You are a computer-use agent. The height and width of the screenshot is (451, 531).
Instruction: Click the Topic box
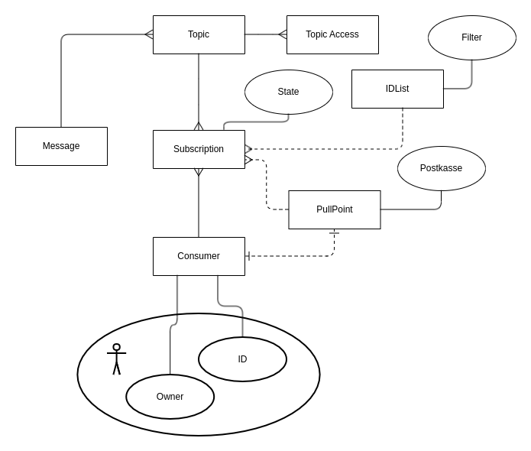point(199,34)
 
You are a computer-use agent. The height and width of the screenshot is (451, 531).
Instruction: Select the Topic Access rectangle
point(332,34)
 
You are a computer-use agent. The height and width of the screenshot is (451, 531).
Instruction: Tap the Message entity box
point(61,146)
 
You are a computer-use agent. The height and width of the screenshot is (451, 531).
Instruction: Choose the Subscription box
point(199,149)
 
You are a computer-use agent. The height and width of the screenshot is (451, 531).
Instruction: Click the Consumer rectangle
point(199,256)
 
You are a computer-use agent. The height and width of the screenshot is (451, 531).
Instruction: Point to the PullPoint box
point(335,209)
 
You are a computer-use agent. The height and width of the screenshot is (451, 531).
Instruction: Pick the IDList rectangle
point(397,89)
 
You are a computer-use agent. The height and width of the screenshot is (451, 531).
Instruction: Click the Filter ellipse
point(471,37)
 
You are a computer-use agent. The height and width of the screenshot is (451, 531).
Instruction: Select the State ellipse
point(288,92)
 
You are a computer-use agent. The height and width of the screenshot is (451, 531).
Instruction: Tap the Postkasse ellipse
point(441,168)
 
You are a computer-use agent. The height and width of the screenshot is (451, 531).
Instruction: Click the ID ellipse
point(242,359)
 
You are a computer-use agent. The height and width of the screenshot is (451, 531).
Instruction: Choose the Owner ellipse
point(170,397)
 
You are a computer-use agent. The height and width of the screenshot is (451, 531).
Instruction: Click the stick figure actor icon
point(116,359)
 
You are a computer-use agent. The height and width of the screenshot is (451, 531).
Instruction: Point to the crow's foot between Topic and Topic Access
point(282,34)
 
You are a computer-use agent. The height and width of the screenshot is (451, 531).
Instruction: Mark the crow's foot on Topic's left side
point(149,34)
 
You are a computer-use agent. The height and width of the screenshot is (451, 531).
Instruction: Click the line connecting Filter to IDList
point(471,76)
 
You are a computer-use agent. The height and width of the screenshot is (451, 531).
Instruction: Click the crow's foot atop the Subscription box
point(199,126)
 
